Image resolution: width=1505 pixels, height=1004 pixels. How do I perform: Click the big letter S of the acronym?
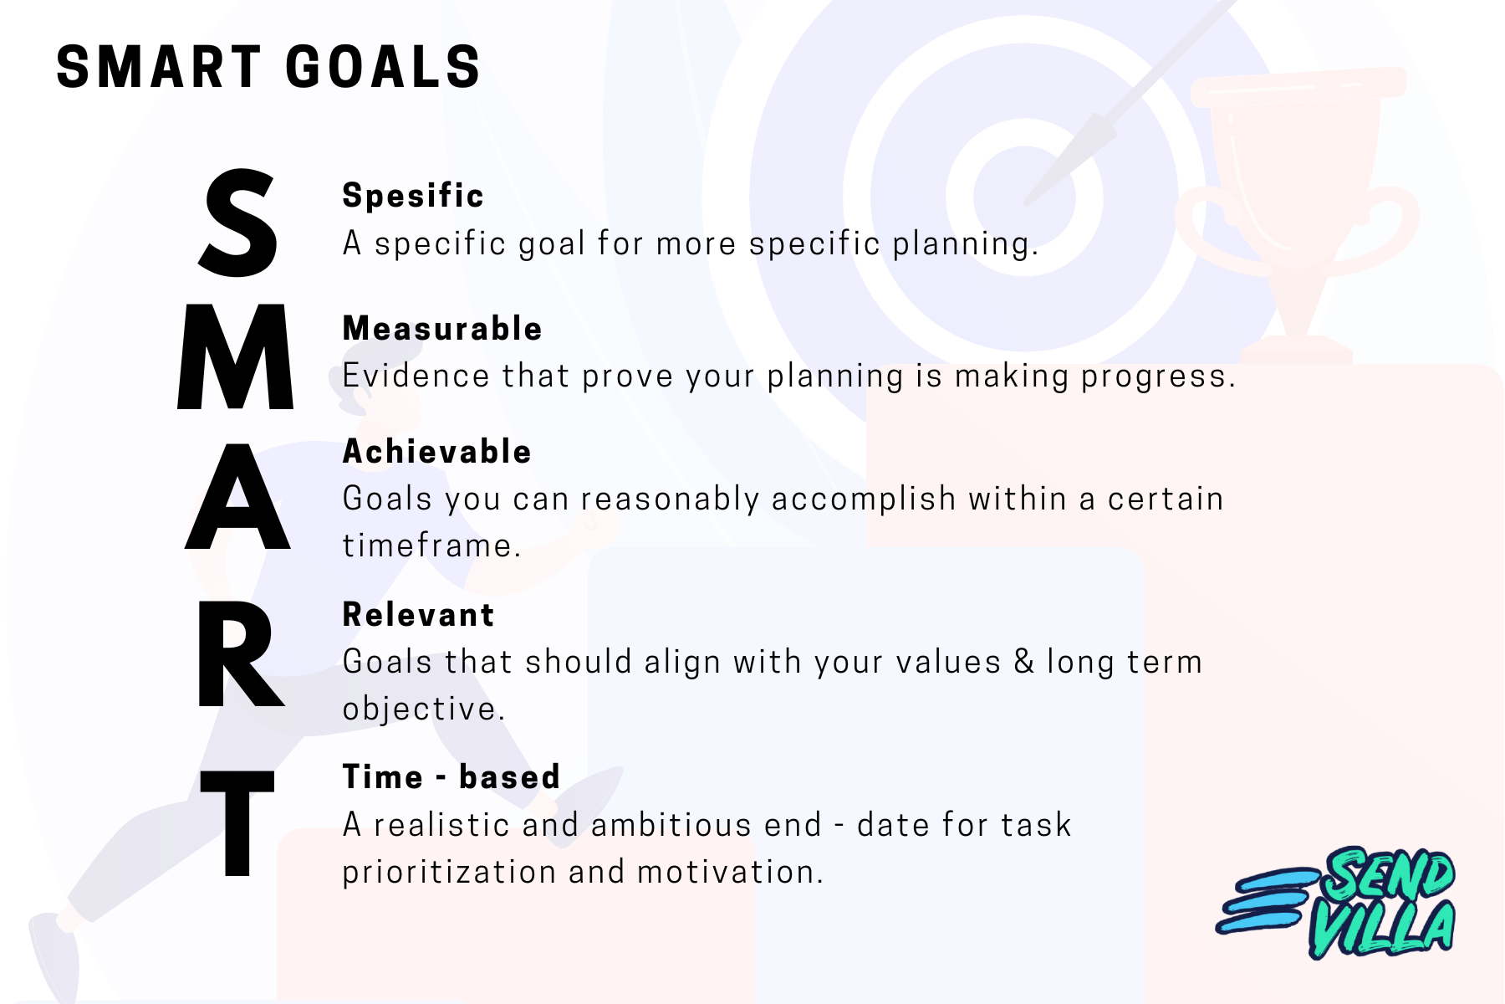tap(238, 223)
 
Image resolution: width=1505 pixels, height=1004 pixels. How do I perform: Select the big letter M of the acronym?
tap(236, 357)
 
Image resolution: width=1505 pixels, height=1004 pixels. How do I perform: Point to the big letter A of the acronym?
tap(237, 497)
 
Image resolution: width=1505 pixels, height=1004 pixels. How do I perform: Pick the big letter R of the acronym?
tap(238, 654)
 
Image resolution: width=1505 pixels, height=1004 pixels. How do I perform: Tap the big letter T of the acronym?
tap(237, 823)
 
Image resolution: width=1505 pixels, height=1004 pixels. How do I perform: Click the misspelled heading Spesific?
tap(413, 196)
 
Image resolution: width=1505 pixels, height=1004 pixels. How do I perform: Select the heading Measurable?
tap(442, 329)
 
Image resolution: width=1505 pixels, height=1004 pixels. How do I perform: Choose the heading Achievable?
tap(436, 452)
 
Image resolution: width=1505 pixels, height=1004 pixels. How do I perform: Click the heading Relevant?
tap(418, 615)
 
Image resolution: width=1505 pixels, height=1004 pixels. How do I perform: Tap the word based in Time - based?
tap(509, 777)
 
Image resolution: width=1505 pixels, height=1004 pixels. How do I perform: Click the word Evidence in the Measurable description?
tap(416, 376)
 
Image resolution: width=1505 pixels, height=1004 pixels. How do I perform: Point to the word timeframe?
tap(431, 546)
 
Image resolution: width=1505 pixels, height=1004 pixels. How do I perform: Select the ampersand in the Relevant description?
tap(1023, 662)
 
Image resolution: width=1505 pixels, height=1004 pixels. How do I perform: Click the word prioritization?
tap(448, 872)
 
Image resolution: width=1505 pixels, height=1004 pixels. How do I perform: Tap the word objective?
tap(423, 709)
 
